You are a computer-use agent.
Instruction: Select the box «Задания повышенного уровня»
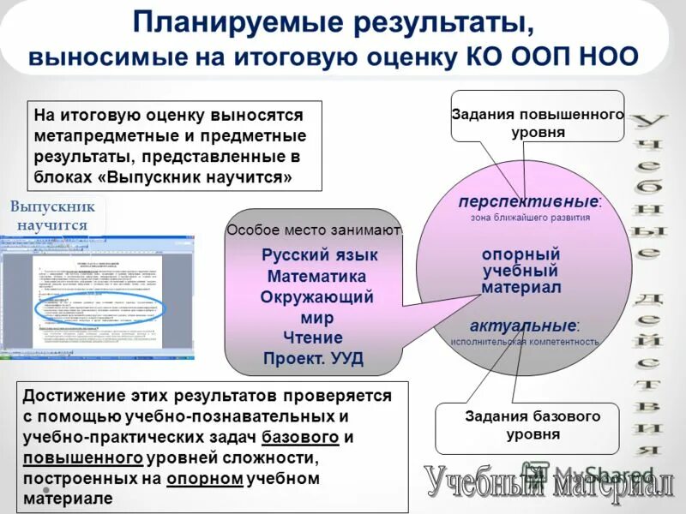[x=538, y=123]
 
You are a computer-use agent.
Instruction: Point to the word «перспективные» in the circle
[x=527, y=201]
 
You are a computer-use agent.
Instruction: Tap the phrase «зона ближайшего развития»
[x=530, y=218]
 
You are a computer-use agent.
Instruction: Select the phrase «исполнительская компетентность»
[x=525, y=342]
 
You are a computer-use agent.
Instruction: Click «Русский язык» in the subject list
[x=319, y=255]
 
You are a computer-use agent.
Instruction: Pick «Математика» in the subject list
[x=316, y=276]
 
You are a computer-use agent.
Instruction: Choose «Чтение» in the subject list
[x=316, y=338]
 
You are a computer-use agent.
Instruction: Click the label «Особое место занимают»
[x=314, y=230]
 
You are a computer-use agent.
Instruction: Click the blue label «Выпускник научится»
[x=52, y=216]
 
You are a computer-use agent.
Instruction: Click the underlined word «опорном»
[x=205, y=478]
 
